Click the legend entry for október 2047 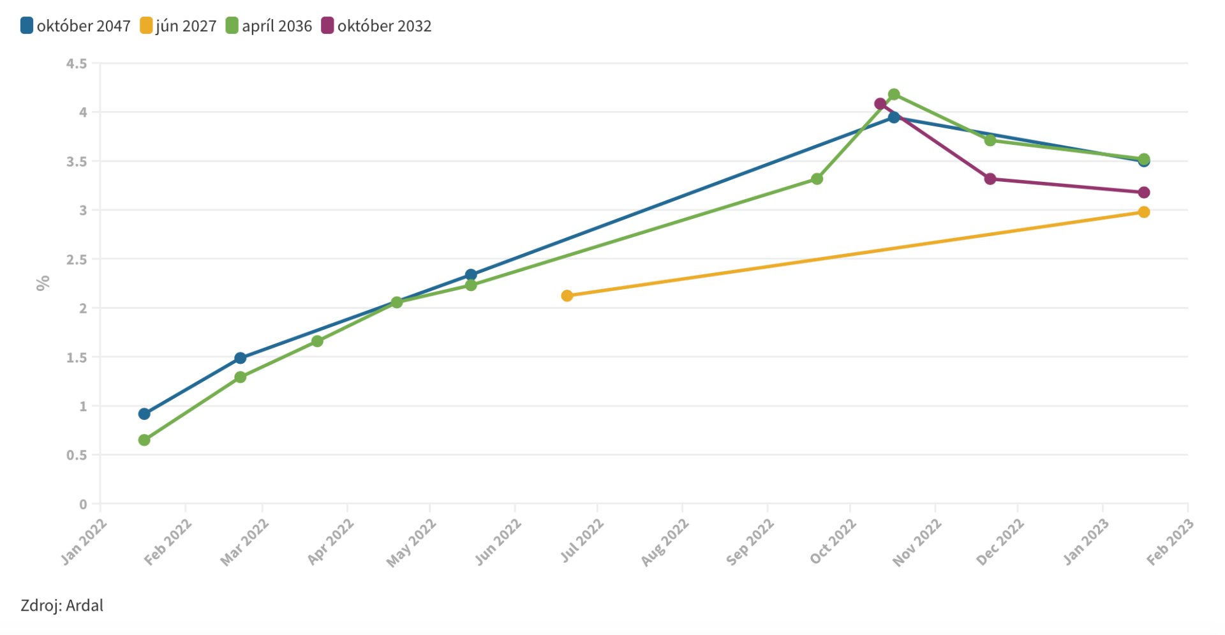[x=76, y=26]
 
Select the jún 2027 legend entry [x=179, y=26]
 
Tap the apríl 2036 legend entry [x=269, y=26]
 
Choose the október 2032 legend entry [x=376, y=26]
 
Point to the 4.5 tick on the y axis [x=77, y=63]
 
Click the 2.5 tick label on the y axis [x=77, y=259]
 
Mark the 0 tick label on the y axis [x=83, y=504]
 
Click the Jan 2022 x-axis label [x=84, y=542]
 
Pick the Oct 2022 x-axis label [x=833, y=542]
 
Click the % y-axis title [x=43, y=283]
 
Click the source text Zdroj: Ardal [x=62, y=605]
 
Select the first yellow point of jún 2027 [x=567, y=295]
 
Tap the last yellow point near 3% [x=1144, y=212]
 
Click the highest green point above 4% [x=894, y=94]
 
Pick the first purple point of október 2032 [x=880, y=103]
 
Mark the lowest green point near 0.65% [x=144, y=440]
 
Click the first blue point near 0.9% [x=144, y=414]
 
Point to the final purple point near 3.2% [x=1144, y=192]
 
